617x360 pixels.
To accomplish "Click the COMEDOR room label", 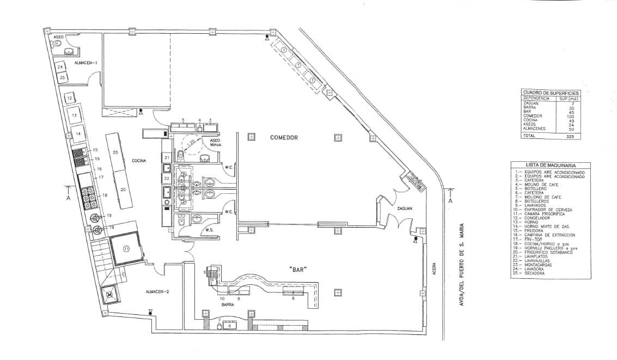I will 284,138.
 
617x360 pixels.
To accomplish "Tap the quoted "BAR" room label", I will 298,269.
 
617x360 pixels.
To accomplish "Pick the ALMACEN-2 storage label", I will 157,292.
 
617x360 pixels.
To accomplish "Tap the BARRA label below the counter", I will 228,306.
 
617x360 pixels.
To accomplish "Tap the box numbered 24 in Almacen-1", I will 61,67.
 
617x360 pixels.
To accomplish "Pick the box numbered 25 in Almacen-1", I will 63,78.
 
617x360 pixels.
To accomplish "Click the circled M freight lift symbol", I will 109,295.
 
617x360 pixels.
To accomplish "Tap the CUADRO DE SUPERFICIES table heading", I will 551,93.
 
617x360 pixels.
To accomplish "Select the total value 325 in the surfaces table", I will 570,136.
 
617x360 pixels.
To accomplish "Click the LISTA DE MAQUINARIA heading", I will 551,164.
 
